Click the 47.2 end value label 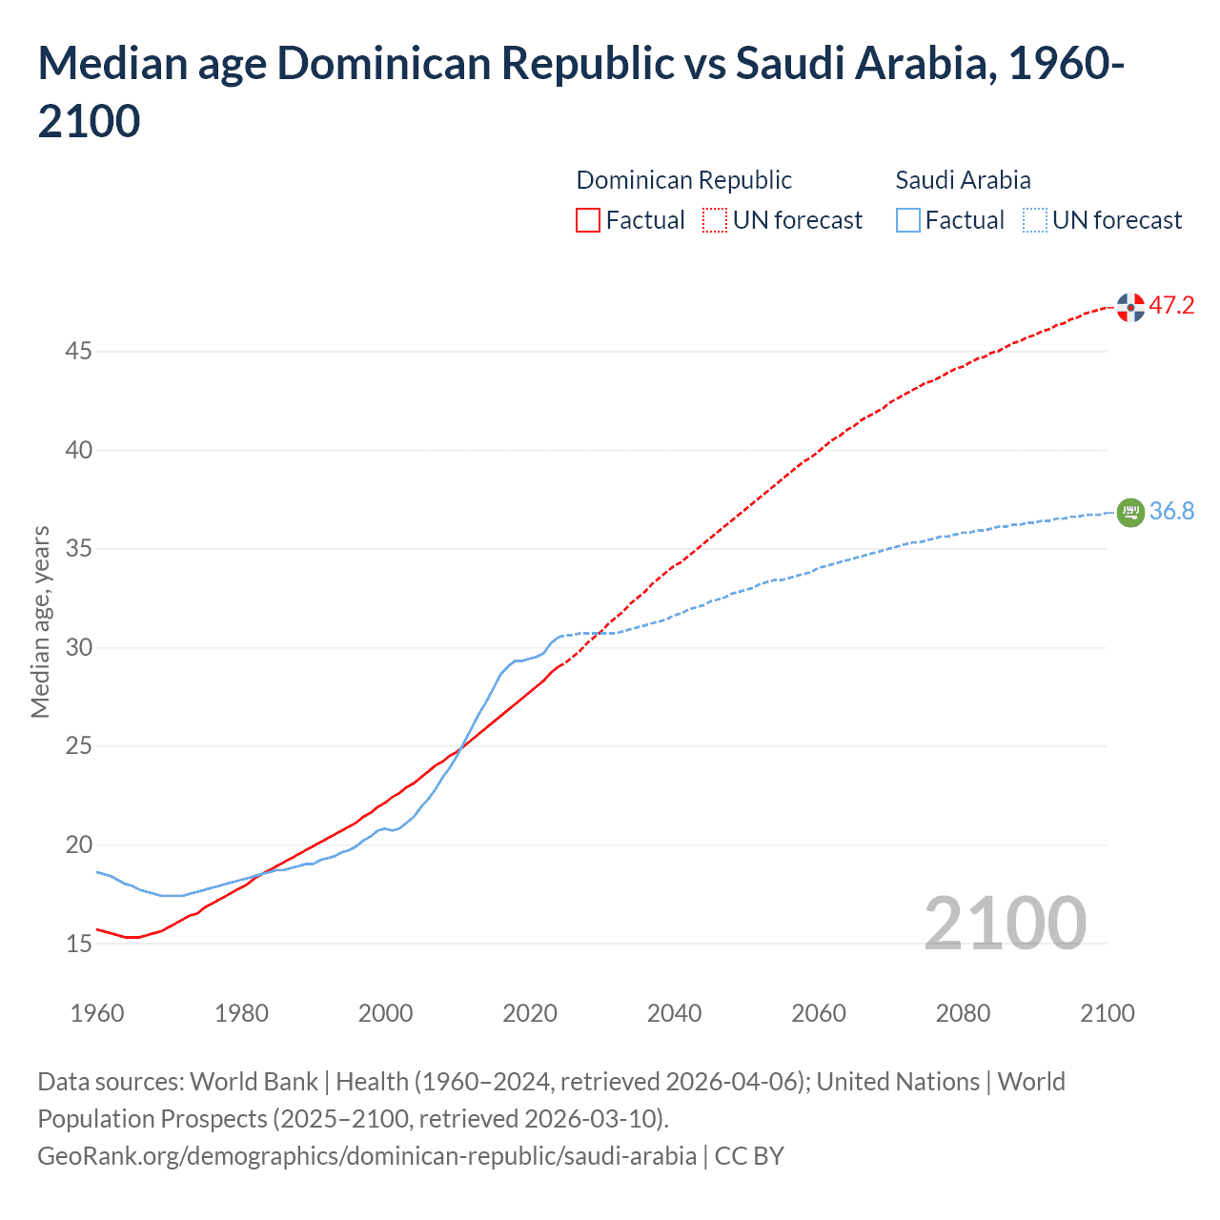[1171, 306]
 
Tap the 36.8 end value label [1171, 512]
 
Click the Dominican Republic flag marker [1130, 307]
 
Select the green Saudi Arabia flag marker [1130, 513]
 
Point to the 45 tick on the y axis [78, 352]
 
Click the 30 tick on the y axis [78, 648]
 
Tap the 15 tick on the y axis [78, 944]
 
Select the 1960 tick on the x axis [97, 1013]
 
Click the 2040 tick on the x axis [674, 1013]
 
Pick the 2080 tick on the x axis [963, 1013]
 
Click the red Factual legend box [588, 221]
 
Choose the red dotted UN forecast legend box [715, 221]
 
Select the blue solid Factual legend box [908, 221]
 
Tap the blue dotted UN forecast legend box [1034, 221]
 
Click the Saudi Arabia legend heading [963, 180]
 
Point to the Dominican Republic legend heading [683, 180]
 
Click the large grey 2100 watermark [1005, 923]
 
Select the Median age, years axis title [40, 621]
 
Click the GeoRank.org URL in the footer [366, 1156]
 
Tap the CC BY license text [749, 1156]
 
